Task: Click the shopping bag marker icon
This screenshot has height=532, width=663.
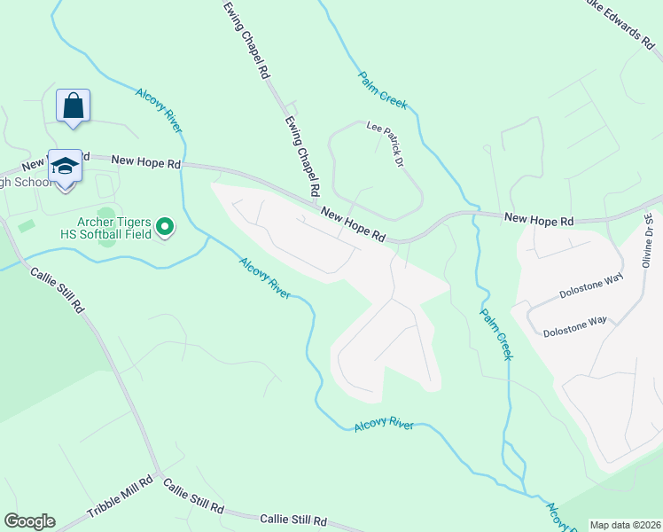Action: tap(73, 106)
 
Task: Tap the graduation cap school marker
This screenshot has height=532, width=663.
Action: tap(65, 166)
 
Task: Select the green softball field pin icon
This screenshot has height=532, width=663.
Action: tap(165, 228)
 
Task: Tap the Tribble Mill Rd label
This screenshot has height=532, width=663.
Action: tap(120, 500)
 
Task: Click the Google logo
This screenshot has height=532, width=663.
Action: tap(29, 521)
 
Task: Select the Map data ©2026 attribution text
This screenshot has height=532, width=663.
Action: tap(625, 525)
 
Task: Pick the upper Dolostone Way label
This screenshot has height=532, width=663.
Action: tap(591, 286)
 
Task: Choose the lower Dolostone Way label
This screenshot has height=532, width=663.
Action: tap(574, 325)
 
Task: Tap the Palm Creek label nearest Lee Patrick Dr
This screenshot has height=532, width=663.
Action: tap(383, 90)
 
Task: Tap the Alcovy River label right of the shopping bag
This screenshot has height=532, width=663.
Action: tap(159, 110)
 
